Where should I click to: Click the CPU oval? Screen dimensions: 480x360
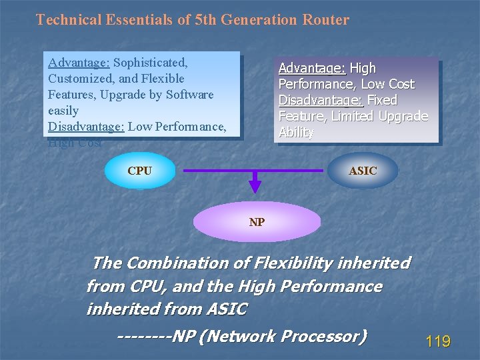tap(139, 171)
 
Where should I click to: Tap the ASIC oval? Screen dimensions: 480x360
tap(363, 171)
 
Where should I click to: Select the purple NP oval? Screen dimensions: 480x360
tap(257, 222)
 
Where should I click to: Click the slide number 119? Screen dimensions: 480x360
tap(438, 342)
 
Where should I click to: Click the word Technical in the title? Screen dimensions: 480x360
tap(69, 19)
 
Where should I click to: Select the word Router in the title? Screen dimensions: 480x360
tap(327, 19)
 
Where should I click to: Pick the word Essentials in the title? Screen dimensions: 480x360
tap(136, 19)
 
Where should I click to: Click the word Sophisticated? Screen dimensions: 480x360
tap(151, 63)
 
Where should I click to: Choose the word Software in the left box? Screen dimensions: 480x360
tap(189, 95)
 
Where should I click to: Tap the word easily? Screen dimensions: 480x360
tap(63, 111)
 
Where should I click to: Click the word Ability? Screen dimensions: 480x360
tap(296, 132)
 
